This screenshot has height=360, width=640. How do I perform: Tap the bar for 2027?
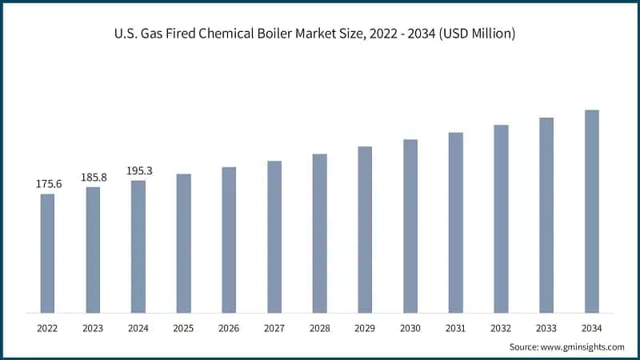click(x=274, y=237)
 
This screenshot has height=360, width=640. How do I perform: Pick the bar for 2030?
click(x=410, y=226)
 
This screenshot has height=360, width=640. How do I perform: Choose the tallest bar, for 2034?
click(x=591, y=211)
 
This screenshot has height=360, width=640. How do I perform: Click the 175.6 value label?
click(x=48, y=184)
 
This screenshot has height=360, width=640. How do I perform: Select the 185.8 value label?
click(x=93, y=177)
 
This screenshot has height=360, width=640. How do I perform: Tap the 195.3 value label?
click(x=138, y=170)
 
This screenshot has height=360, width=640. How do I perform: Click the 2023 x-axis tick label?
click(x=93, y=328)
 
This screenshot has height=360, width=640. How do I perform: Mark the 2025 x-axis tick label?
click(x=183, y=328)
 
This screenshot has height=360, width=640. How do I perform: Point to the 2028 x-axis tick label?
click(x=319, y=328)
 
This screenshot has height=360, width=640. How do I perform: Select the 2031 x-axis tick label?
click(x=455, y=328)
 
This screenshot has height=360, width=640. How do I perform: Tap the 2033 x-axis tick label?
click(x=546, y=328)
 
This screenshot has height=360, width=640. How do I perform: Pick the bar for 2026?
click(x=229, y=240)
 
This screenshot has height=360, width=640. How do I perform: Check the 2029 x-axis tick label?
click(x=365, y=328)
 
